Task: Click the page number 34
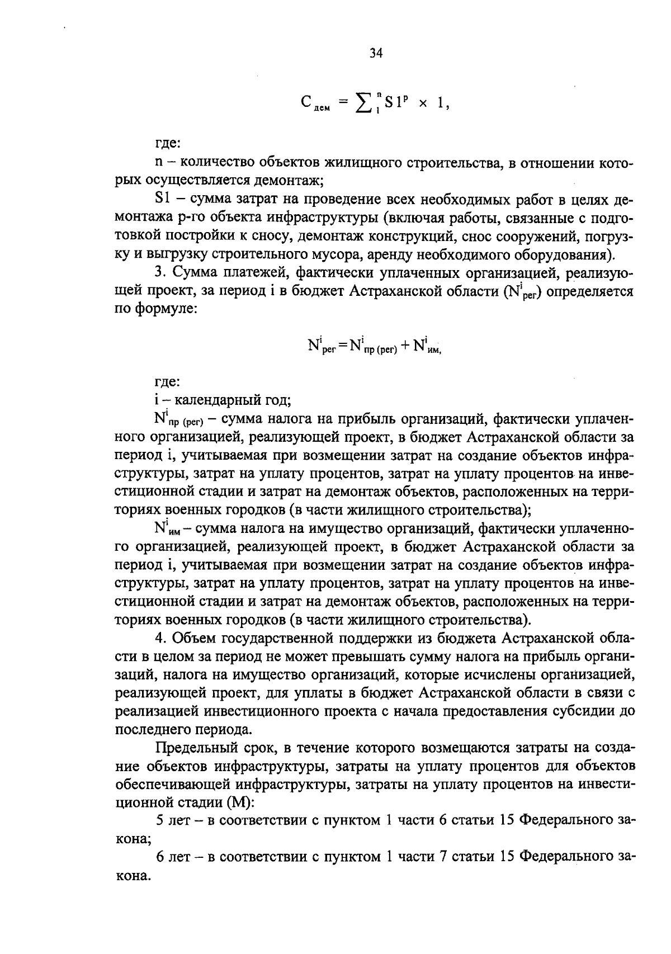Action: pos(376,54)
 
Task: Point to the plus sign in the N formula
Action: pos(403,346)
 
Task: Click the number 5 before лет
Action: pos(159,821)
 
